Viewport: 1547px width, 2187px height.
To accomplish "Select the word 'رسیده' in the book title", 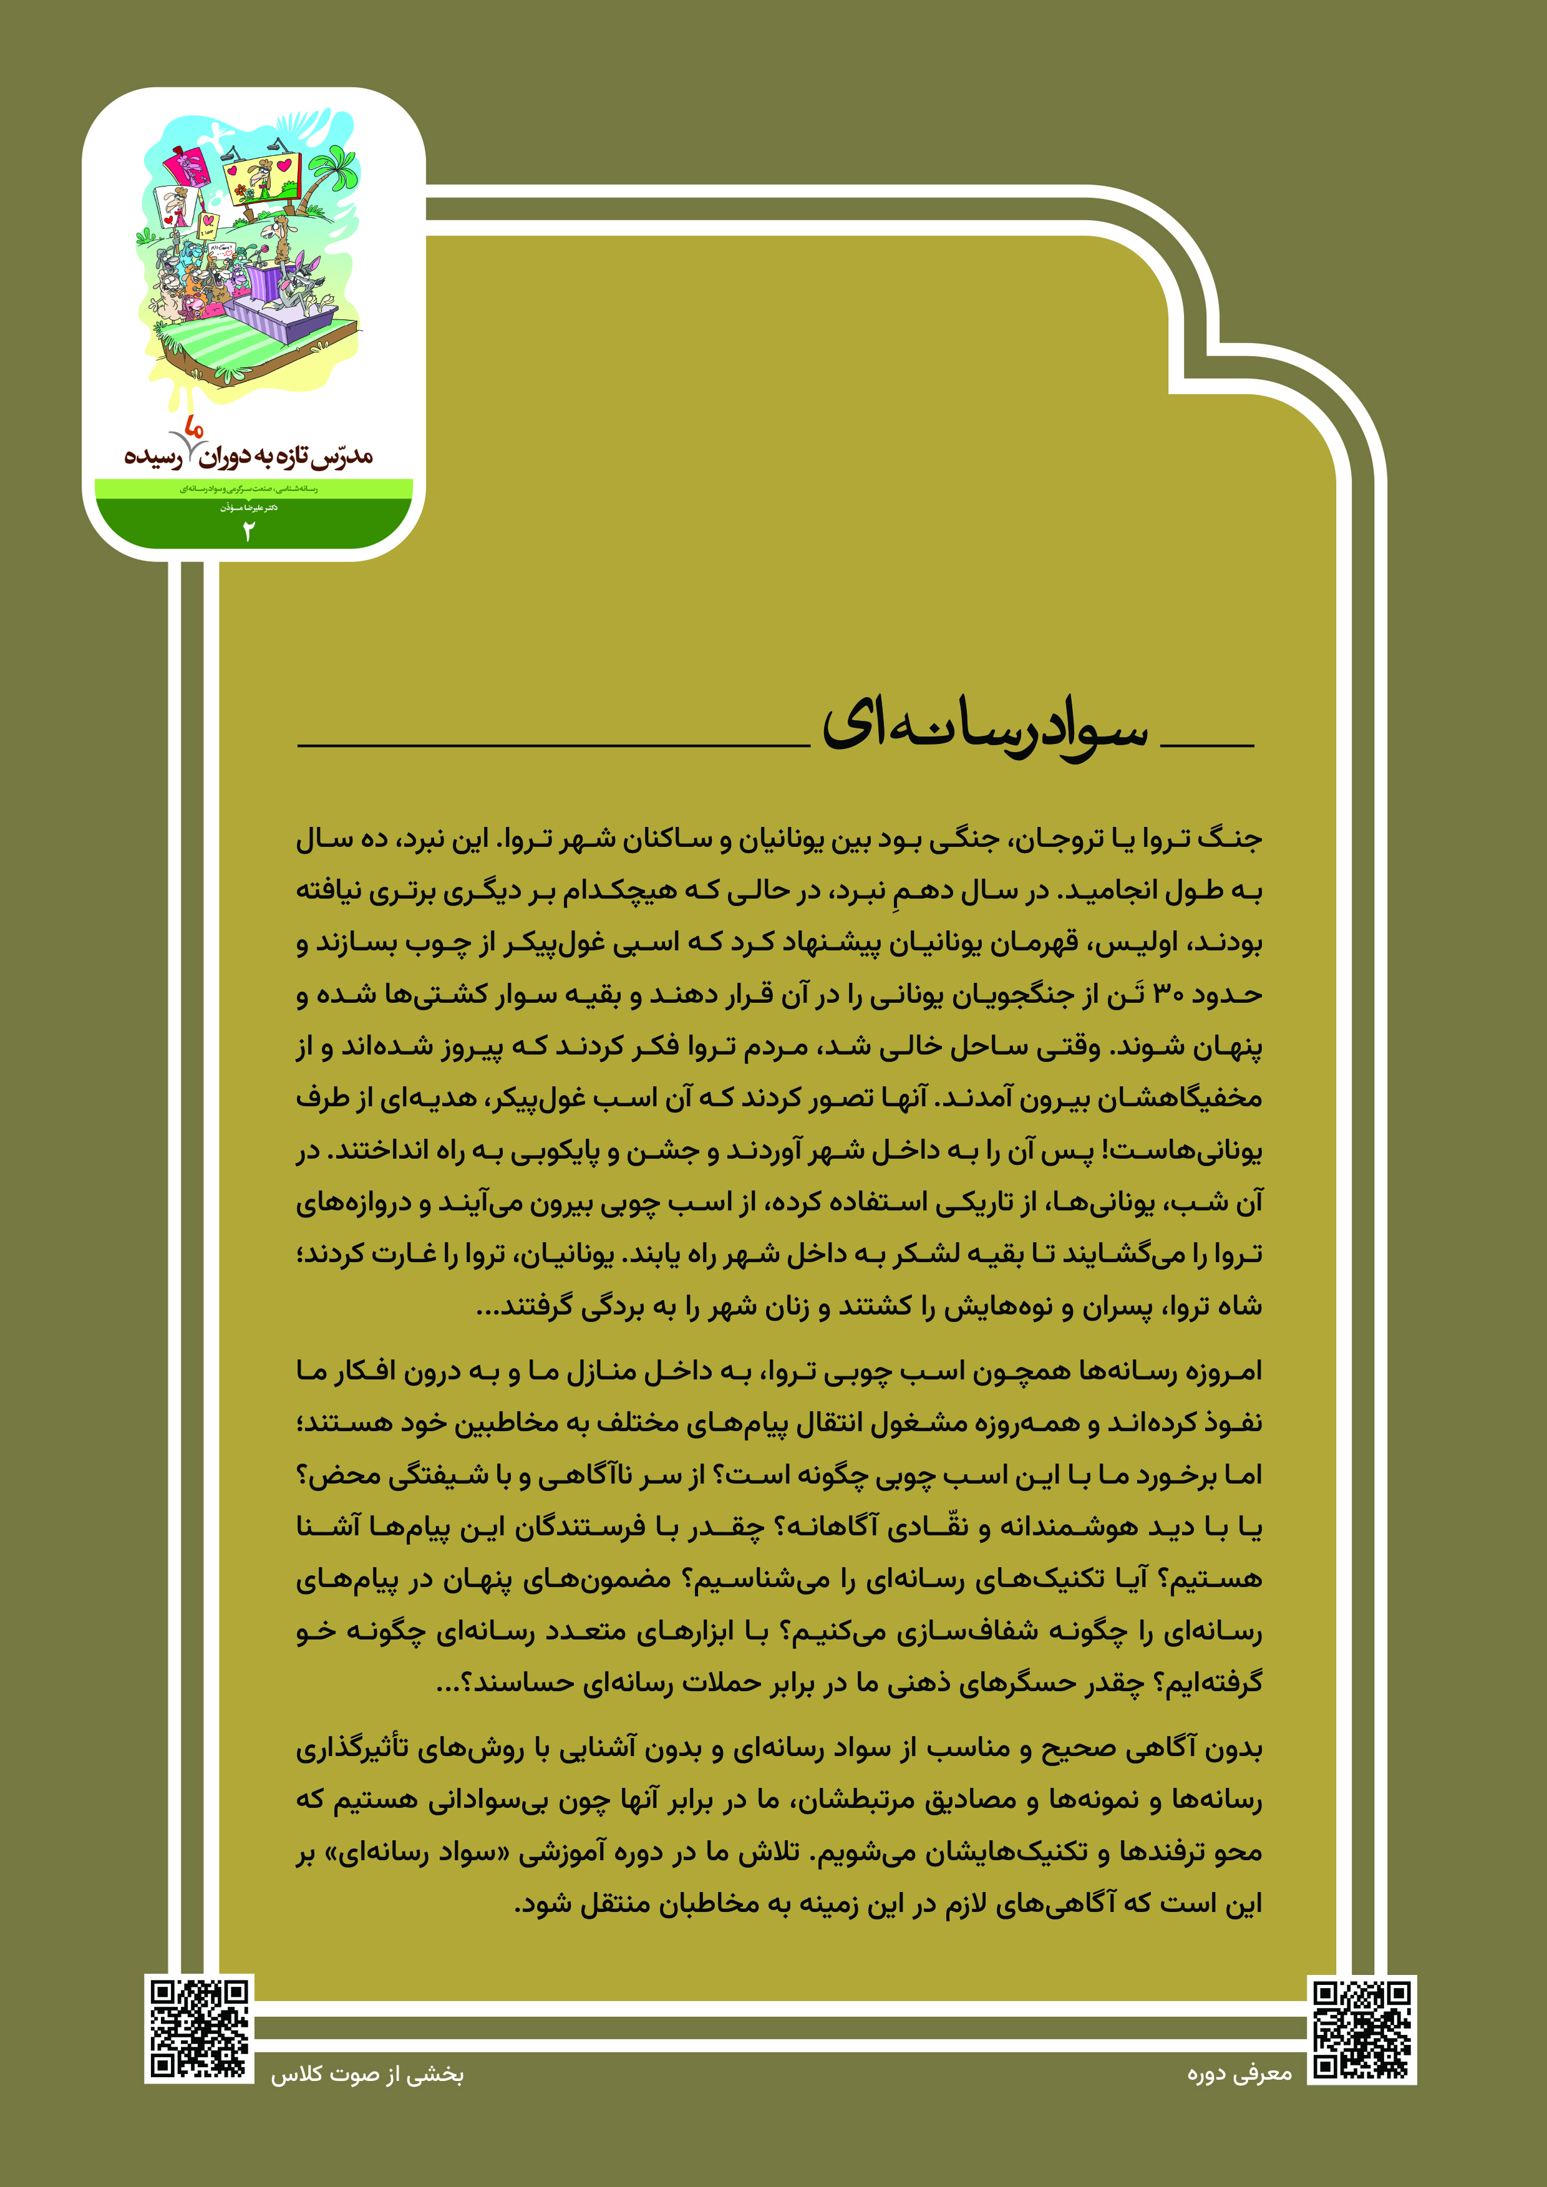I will tap(152, 457).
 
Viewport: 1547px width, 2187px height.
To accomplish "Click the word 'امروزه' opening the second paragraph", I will tap(1223, 1372).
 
